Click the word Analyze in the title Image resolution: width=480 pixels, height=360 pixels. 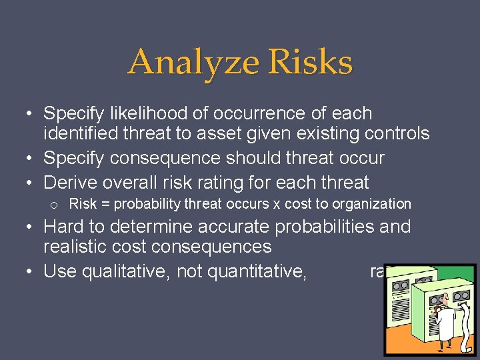(x=183, y=63)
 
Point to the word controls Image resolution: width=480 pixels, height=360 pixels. (x=397, y=134)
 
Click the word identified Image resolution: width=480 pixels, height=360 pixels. (x=83, y=134)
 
